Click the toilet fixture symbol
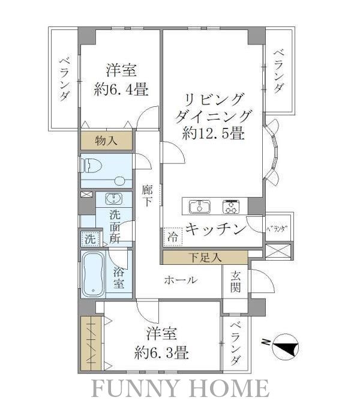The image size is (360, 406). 91,164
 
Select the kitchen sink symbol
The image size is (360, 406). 200,207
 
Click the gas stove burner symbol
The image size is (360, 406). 230,207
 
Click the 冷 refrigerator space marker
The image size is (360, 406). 172,237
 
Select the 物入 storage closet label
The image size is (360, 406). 107,141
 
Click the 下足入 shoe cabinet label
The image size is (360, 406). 205,258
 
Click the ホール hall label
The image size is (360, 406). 180,279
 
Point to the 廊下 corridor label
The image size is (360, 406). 147,195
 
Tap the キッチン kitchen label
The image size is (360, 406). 215,229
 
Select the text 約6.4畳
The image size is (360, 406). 121,90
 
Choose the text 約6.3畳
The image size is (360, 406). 161,351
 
